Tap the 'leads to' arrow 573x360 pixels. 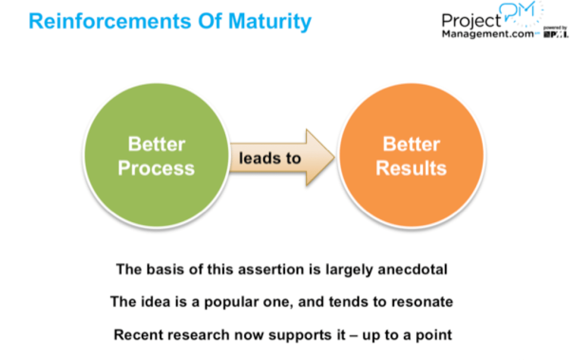[274, 158]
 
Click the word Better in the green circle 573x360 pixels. [156, 144]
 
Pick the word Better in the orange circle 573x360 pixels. [411, 144]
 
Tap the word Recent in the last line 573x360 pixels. [136, 335]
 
